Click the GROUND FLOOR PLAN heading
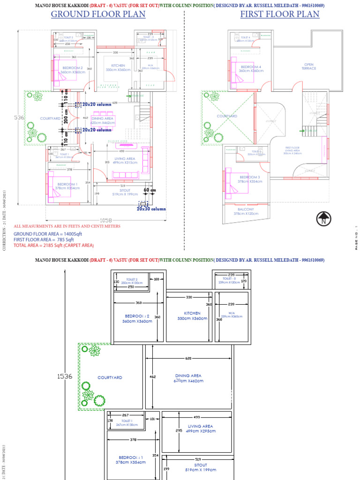pos(98,14)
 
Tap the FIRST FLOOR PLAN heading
pos(280,14)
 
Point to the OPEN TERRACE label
pos(308,67)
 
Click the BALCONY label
pos(246,211)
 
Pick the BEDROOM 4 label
pos(251,68)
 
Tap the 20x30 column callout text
pos(151,209)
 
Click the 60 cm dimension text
pos(150,190)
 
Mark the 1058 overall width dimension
pos(106,220)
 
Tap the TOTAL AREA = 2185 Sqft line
pos(53,245)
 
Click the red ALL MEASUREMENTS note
pos(67,226)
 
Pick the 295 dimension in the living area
pos(179,430)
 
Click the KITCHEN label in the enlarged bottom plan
pos(192,313)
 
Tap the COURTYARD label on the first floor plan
pos(227,116)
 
